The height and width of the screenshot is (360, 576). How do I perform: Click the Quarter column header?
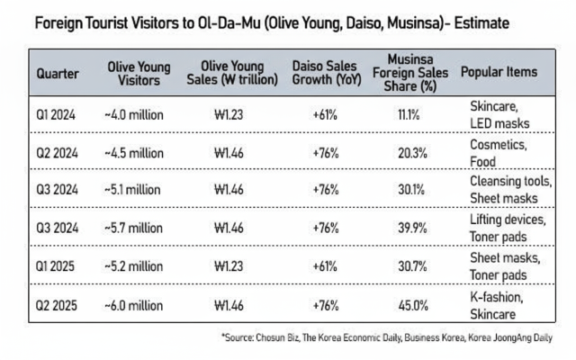(x=57, y=72)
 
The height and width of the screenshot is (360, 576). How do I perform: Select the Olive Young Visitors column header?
(x=134, y=72)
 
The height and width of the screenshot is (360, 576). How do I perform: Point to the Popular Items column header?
(x=499, y=72)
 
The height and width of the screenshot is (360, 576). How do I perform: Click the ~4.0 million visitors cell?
(x=133, y=114)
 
